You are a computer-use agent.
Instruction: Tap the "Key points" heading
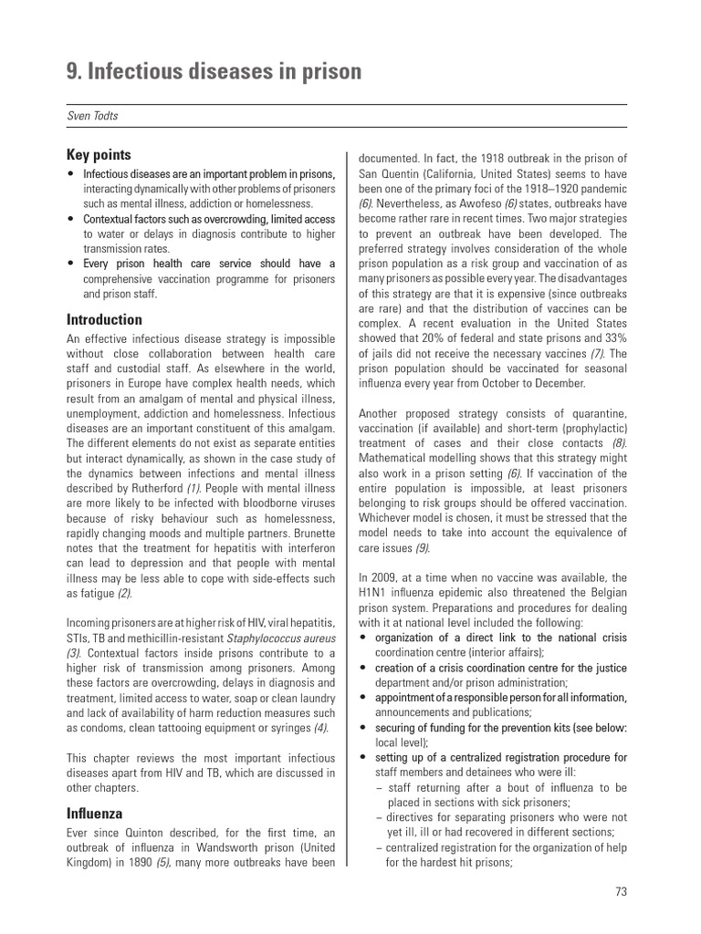pyautogui.click(x=99, y=155)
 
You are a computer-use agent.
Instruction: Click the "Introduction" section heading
pyautogui.click(x=104, y=320)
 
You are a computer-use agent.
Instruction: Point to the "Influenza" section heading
pyautogui.click(x=94, y=814)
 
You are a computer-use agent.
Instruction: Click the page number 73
pyautogui.click(x=621, y=892)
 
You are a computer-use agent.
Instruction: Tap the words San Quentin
pyautogui.click(x=390, y=174)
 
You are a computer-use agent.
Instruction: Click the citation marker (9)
pyautogui.click(x=422, y=548)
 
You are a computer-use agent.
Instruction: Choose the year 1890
pyautogui.click(x=136, y=863)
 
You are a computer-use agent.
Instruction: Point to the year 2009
pyautogui.click(x=391, y=578)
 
